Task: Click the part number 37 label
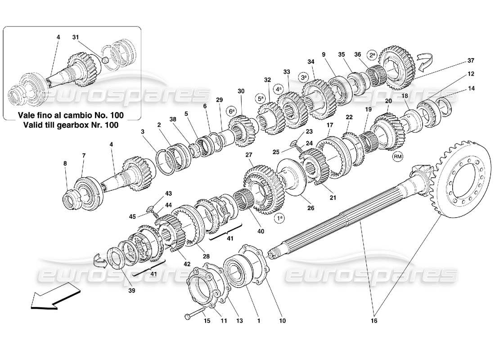click(471, 61)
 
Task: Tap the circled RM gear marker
click(397, 156)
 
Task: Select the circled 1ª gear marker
click(279, 218)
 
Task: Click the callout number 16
click(374, 321)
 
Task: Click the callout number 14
click(471, 89)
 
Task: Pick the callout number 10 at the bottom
click(282, 321)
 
